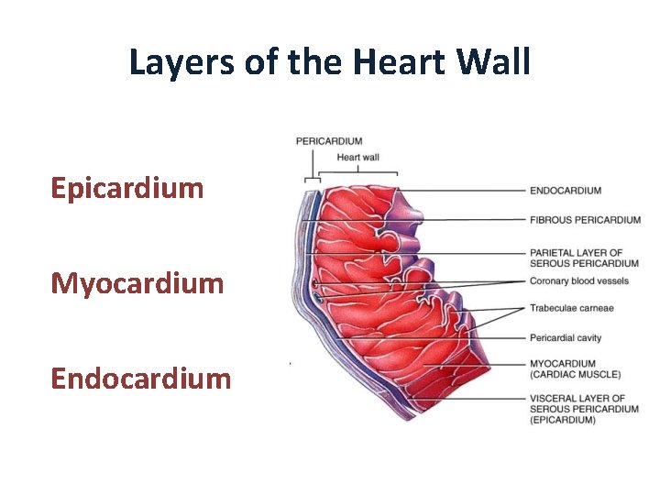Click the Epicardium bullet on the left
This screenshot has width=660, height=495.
click(x=127, y=189)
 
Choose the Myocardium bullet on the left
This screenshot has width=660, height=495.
click(x=137, y=283)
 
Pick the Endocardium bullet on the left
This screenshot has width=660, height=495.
click(x=141, y=378)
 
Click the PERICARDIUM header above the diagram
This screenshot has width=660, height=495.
click(x=329, y=141)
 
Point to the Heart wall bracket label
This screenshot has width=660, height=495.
click(x=357, y=157)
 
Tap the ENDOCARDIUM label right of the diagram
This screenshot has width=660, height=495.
click(x=566, y=191)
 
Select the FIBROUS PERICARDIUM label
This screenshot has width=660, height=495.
click(x=585, y=220)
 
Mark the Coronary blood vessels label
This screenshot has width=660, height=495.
click(x=578, y=280)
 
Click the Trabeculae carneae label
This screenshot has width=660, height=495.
click(x=571, y=308)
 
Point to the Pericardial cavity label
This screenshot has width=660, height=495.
click(x=566, y=338)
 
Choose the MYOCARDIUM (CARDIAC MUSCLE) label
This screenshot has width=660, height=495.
click(x=575, y=368)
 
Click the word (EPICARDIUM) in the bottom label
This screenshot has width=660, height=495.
click(x=562, y=420)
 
